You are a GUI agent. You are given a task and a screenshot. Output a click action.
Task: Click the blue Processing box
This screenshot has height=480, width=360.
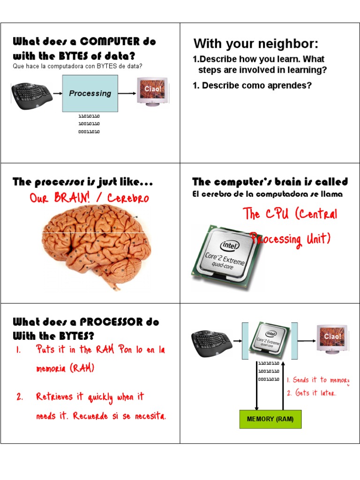pyautogui.click(x=90, y=93)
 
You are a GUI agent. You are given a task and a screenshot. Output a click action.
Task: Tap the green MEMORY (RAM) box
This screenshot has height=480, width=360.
pyautogui.click(x=270, y=419)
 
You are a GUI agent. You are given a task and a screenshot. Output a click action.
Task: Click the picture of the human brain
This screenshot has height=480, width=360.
pyautogui.click(x=97, y=247)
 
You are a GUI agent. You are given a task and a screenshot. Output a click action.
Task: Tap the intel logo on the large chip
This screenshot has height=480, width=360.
pyautogui.click(x=230, y=245)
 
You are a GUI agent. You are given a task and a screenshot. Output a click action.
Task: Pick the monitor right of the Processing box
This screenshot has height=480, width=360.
pyautogui.click(x=152, y=91)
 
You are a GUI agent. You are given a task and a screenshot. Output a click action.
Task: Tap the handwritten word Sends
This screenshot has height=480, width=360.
pyautogui.click(x=300, y=380)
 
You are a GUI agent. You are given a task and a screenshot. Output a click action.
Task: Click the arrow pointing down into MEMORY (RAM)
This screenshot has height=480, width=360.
pyautogui.click(x=256, y=386)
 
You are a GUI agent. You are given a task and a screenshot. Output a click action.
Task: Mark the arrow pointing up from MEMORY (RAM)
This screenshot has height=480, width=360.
pyautogui.click(x=283, y=386)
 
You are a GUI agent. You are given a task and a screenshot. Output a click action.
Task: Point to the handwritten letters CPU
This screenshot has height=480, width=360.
pyautogui.click(x=277, y=213)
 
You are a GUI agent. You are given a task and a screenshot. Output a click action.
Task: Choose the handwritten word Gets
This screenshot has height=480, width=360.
pyautogui.click(x=302, y=392)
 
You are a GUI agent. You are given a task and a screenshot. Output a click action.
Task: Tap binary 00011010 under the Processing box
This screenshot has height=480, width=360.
pyautogui.click(x=89, y=132)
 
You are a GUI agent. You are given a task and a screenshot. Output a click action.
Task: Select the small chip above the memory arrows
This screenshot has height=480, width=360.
pyautogui.click(x=269, y=339)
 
